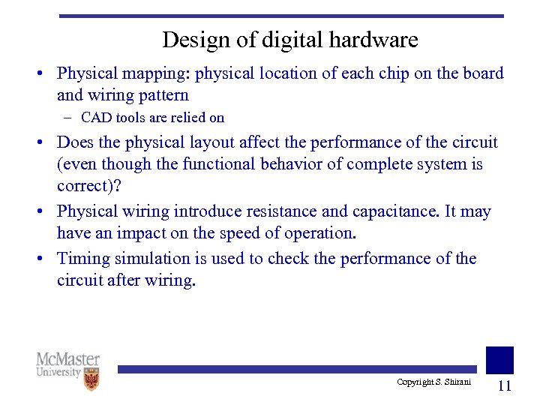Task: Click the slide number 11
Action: click(504, 385)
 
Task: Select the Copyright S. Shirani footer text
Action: click(433, 382)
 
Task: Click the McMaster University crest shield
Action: click(91, 379)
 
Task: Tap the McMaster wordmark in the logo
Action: click(67, 359)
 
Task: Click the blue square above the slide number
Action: click(499, 359)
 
